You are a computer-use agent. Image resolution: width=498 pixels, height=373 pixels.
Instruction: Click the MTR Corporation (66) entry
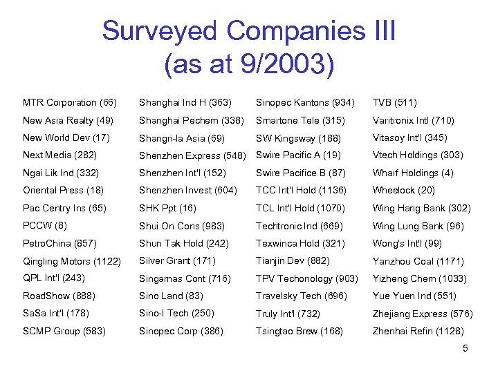tap(70, 103)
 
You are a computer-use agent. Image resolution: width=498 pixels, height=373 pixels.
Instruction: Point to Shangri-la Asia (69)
tap(182, 138)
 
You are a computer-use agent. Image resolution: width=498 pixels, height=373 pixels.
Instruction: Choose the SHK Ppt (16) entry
tap(167, 208)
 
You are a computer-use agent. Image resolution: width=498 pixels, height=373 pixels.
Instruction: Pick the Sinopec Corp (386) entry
tap(181, 331)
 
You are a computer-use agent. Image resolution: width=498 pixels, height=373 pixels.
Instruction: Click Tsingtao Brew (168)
tap(299, 331)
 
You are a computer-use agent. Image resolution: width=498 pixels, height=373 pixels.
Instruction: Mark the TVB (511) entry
tap(395, 103)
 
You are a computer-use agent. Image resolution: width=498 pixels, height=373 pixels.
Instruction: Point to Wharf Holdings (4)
tap(413, 173)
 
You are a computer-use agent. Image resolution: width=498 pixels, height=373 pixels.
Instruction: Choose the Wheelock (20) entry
tap(404, 190)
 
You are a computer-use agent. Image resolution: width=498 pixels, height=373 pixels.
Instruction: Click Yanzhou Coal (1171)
tap(418, 261)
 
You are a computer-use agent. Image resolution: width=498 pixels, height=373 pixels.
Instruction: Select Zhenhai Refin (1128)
tap(418, 331)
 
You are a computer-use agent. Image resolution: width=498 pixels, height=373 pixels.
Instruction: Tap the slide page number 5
tap(465, 348)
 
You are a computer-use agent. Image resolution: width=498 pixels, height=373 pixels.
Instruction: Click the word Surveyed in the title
tap(160, 32)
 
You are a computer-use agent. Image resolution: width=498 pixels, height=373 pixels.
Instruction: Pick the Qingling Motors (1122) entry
tap(72, 261)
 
